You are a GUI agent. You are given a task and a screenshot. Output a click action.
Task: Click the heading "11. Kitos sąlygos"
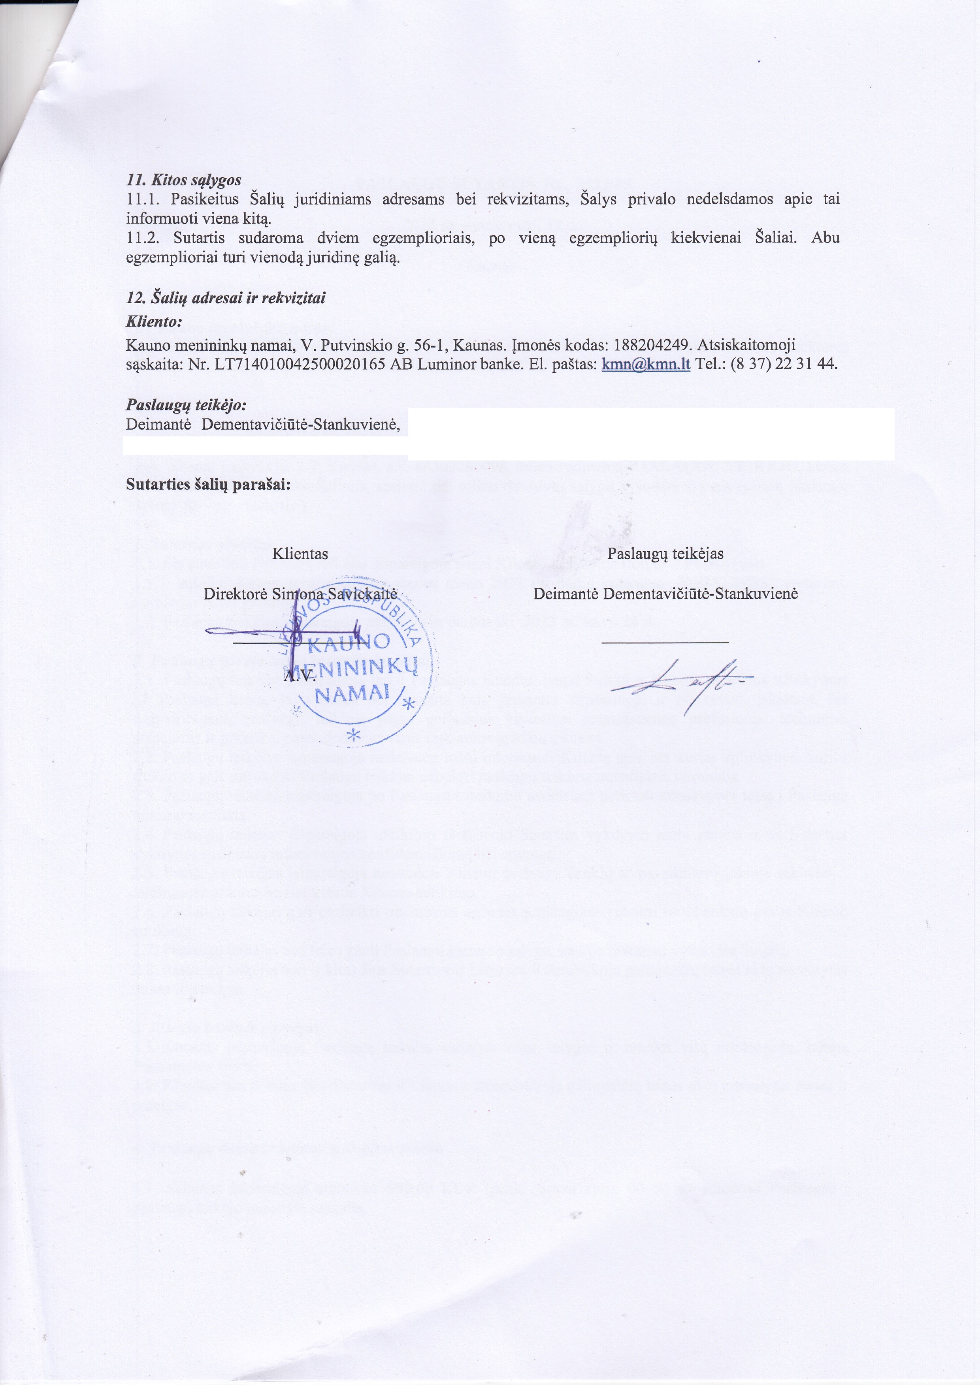click(x=183, y=180)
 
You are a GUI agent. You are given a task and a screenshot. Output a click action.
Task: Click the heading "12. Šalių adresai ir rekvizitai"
click(x=226, y=298)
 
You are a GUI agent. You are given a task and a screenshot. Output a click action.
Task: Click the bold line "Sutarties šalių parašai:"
click(x=207, y=485)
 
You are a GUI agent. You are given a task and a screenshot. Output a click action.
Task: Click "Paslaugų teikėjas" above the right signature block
click(x=665, y=554)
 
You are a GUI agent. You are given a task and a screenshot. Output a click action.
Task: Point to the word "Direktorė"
click(x=236, y=594)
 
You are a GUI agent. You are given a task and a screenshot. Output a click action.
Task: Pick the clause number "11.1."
click(x=144, y=199)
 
